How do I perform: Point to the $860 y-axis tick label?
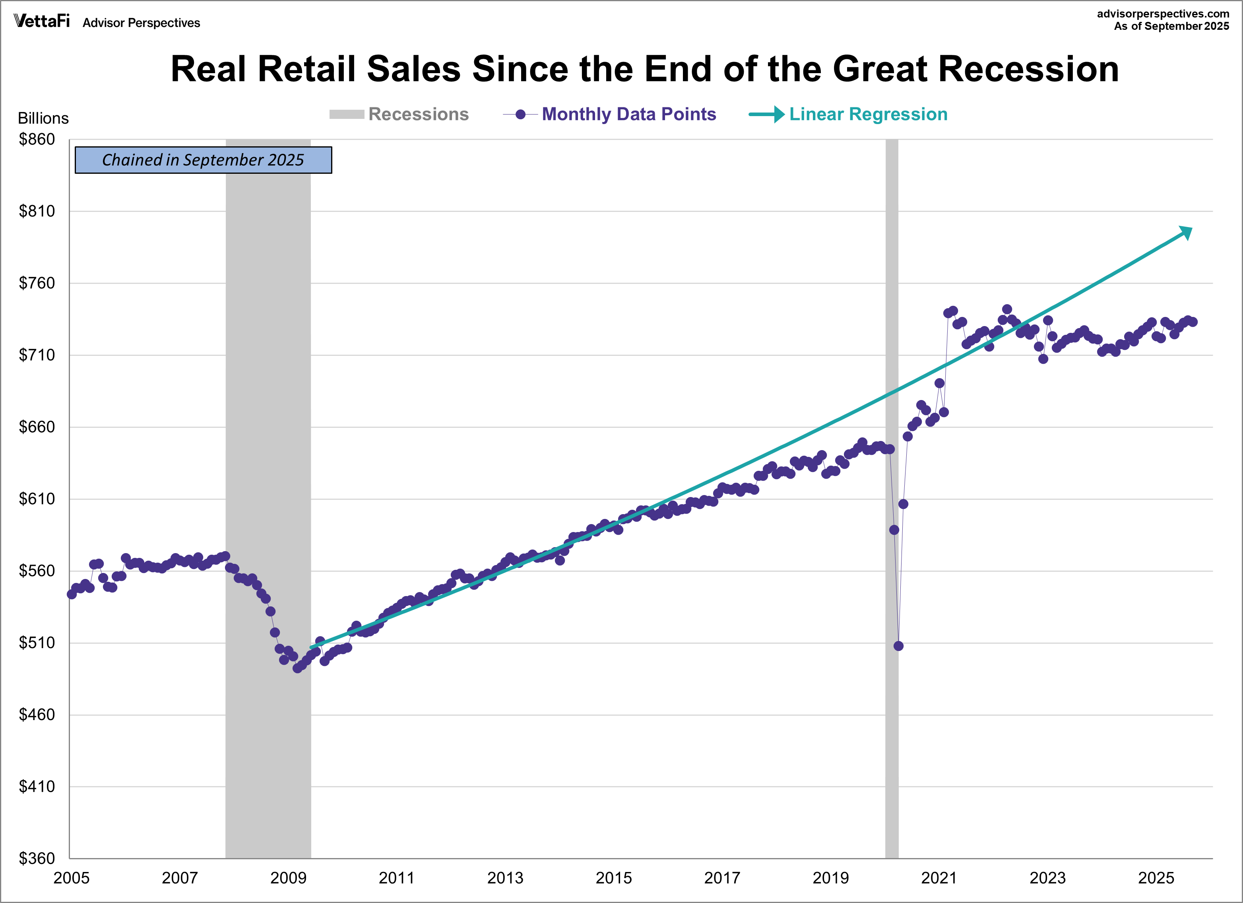[37, 139]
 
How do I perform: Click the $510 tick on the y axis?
[37, 643]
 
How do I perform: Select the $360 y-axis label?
[37, 858]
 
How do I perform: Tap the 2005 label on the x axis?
[71, 878]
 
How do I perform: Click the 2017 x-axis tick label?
[722, 878]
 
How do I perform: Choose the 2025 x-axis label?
[1156, 878]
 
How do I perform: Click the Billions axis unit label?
[43, 118]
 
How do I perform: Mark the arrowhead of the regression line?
[1186, 233]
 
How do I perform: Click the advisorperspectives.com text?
[1163, 14]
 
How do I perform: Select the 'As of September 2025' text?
[1171, 26]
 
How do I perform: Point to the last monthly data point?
[1193, 322]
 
